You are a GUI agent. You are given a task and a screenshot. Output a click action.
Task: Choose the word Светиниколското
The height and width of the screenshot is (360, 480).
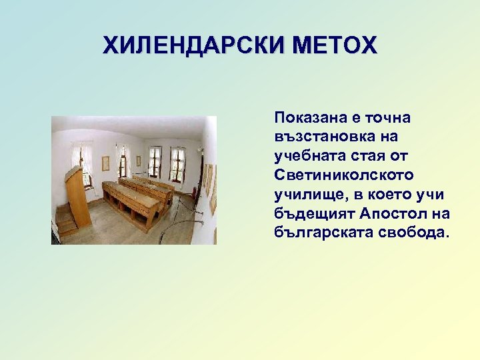point(343,175)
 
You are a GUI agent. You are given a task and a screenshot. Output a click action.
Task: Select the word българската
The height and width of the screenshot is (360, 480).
point(317,233)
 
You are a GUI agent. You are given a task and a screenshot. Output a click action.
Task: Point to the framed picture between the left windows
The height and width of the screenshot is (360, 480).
point(105,163)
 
